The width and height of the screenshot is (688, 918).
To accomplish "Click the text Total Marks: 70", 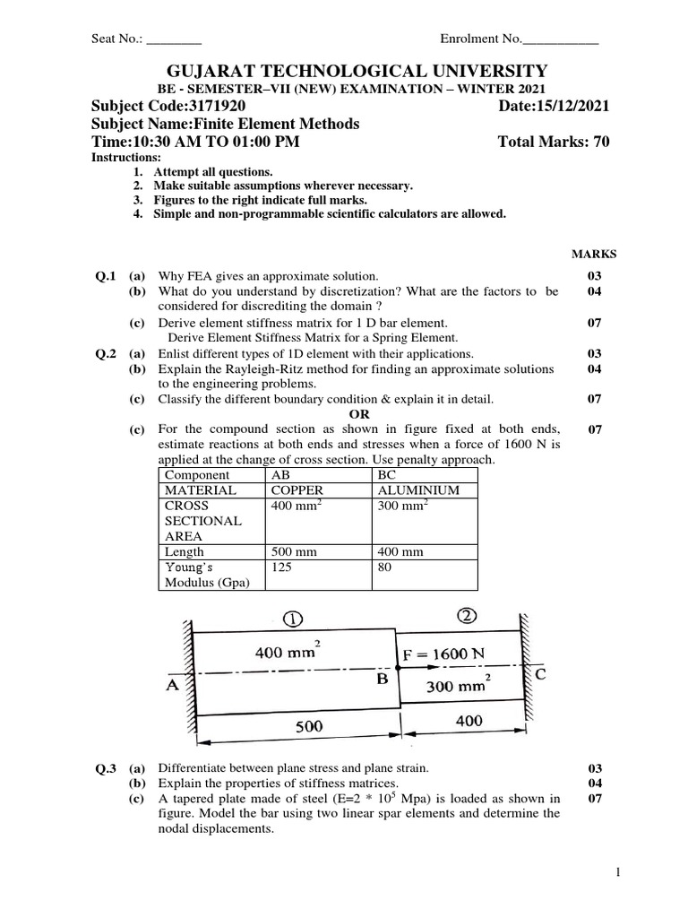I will [553, 142].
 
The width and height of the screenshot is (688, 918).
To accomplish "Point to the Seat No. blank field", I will [174, 39].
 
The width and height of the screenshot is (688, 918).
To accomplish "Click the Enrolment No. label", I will [480, 39].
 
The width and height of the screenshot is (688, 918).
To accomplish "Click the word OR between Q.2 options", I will [358, 414].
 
